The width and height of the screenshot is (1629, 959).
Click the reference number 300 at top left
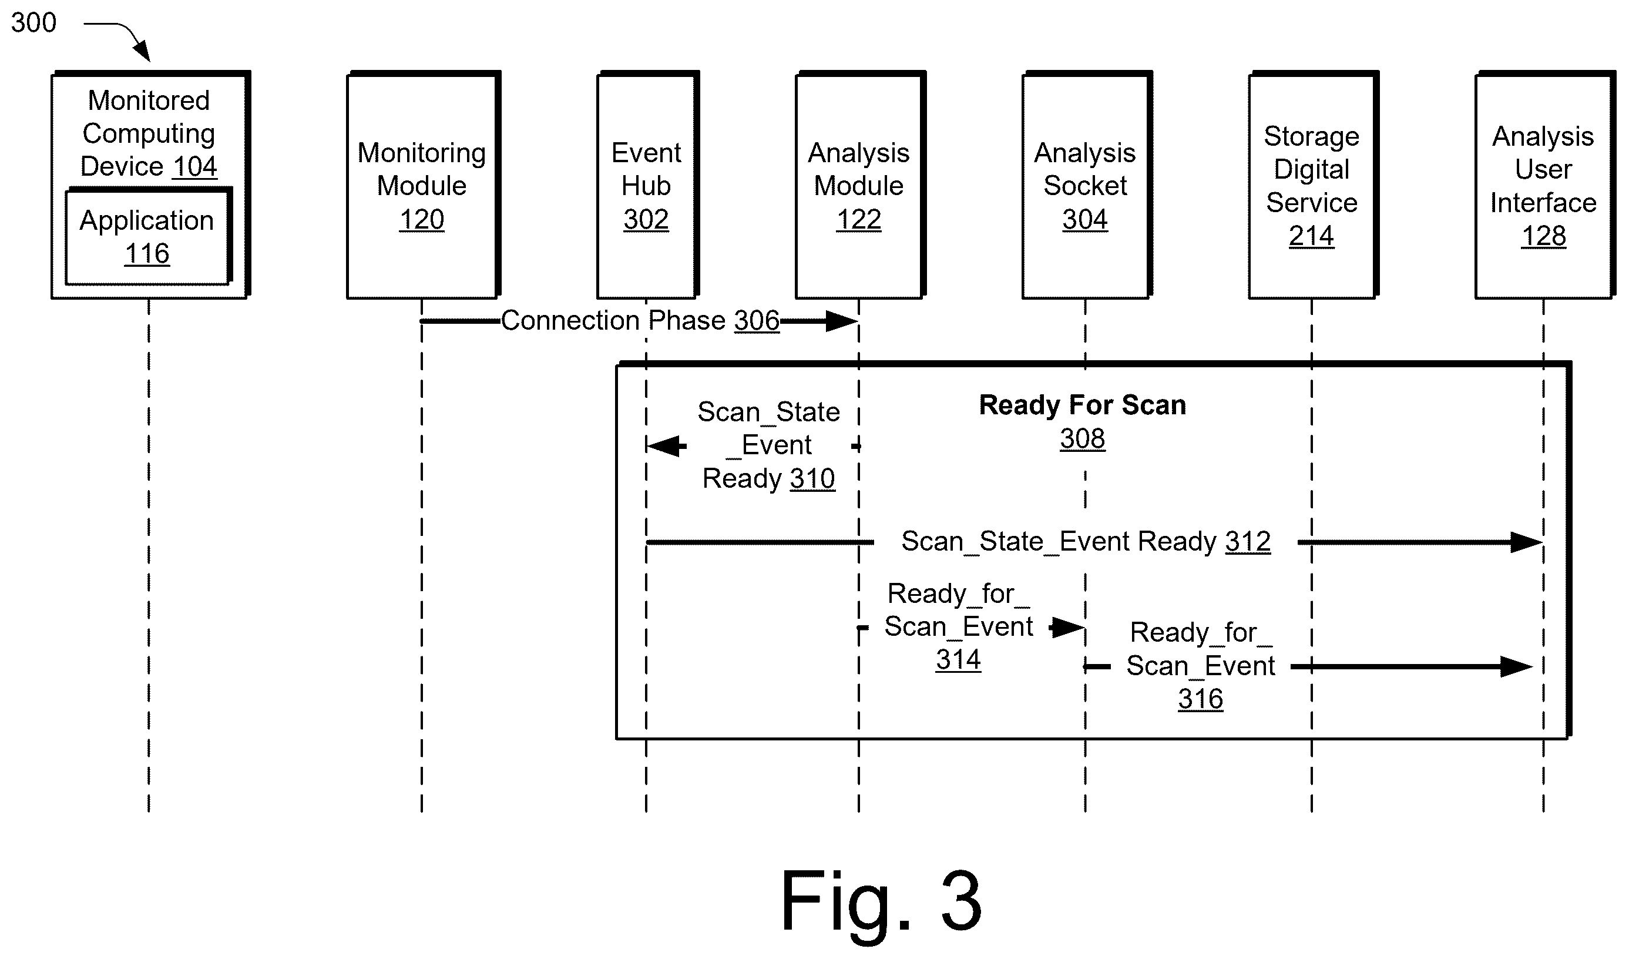click(x=33, y=23)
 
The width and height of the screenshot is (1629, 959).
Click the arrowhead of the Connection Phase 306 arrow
click(x=842, y=321)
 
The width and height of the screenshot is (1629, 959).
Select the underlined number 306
click(x=757, y=321)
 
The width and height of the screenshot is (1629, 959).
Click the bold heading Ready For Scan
click(x=1082, y=405)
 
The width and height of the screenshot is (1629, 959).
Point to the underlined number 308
click(x=1082, y=438)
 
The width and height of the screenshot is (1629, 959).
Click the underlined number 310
click(x=812, y=478)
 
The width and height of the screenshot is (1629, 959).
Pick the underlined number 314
click(x=959, y=659)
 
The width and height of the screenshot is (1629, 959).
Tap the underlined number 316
click(x=1200, y=699)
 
